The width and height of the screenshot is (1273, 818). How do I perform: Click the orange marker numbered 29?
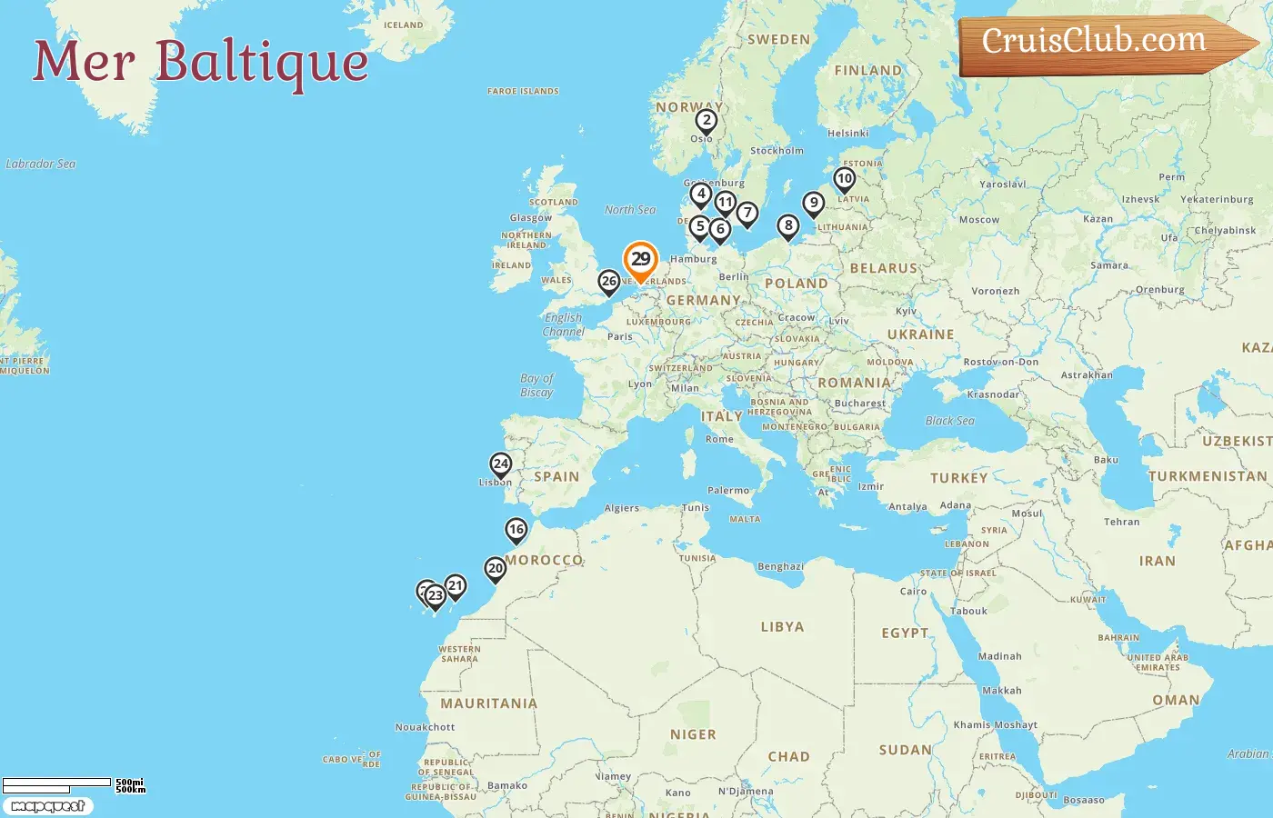point(640,260)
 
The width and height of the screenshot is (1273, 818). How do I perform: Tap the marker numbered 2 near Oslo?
point(707,121)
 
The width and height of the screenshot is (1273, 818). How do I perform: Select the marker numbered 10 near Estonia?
point(845,179)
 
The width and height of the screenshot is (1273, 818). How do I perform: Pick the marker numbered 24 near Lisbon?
point(500,464)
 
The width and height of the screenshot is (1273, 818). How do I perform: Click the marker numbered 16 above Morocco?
point(516,530)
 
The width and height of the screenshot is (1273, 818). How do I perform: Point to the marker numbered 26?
point(609,282)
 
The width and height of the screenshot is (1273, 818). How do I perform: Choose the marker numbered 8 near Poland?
point(788,226)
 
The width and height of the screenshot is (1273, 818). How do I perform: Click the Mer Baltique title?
point(201,62)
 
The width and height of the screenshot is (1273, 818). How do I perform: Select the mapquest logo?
point(47,806)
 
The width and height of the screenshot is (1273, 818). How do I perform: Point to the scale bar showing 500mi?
point(57,783)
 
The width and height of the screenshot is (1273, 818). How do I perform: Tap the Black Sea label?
point(949,421)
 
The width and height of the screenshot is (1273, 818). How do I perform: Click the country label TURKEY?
point(958,478)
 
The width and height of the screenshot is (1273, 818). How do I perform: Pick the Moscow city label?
point(978,220)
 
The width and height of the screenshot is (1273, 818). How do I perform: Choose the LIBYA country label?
point(782,627)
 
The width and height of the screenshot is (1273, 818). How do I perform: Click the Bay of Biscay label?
point(536,385)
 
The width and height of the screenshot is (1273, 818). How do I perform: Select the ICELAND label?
point(403,25)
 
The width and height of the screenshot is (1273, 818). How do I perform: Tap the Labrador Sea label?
point(41,165)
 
